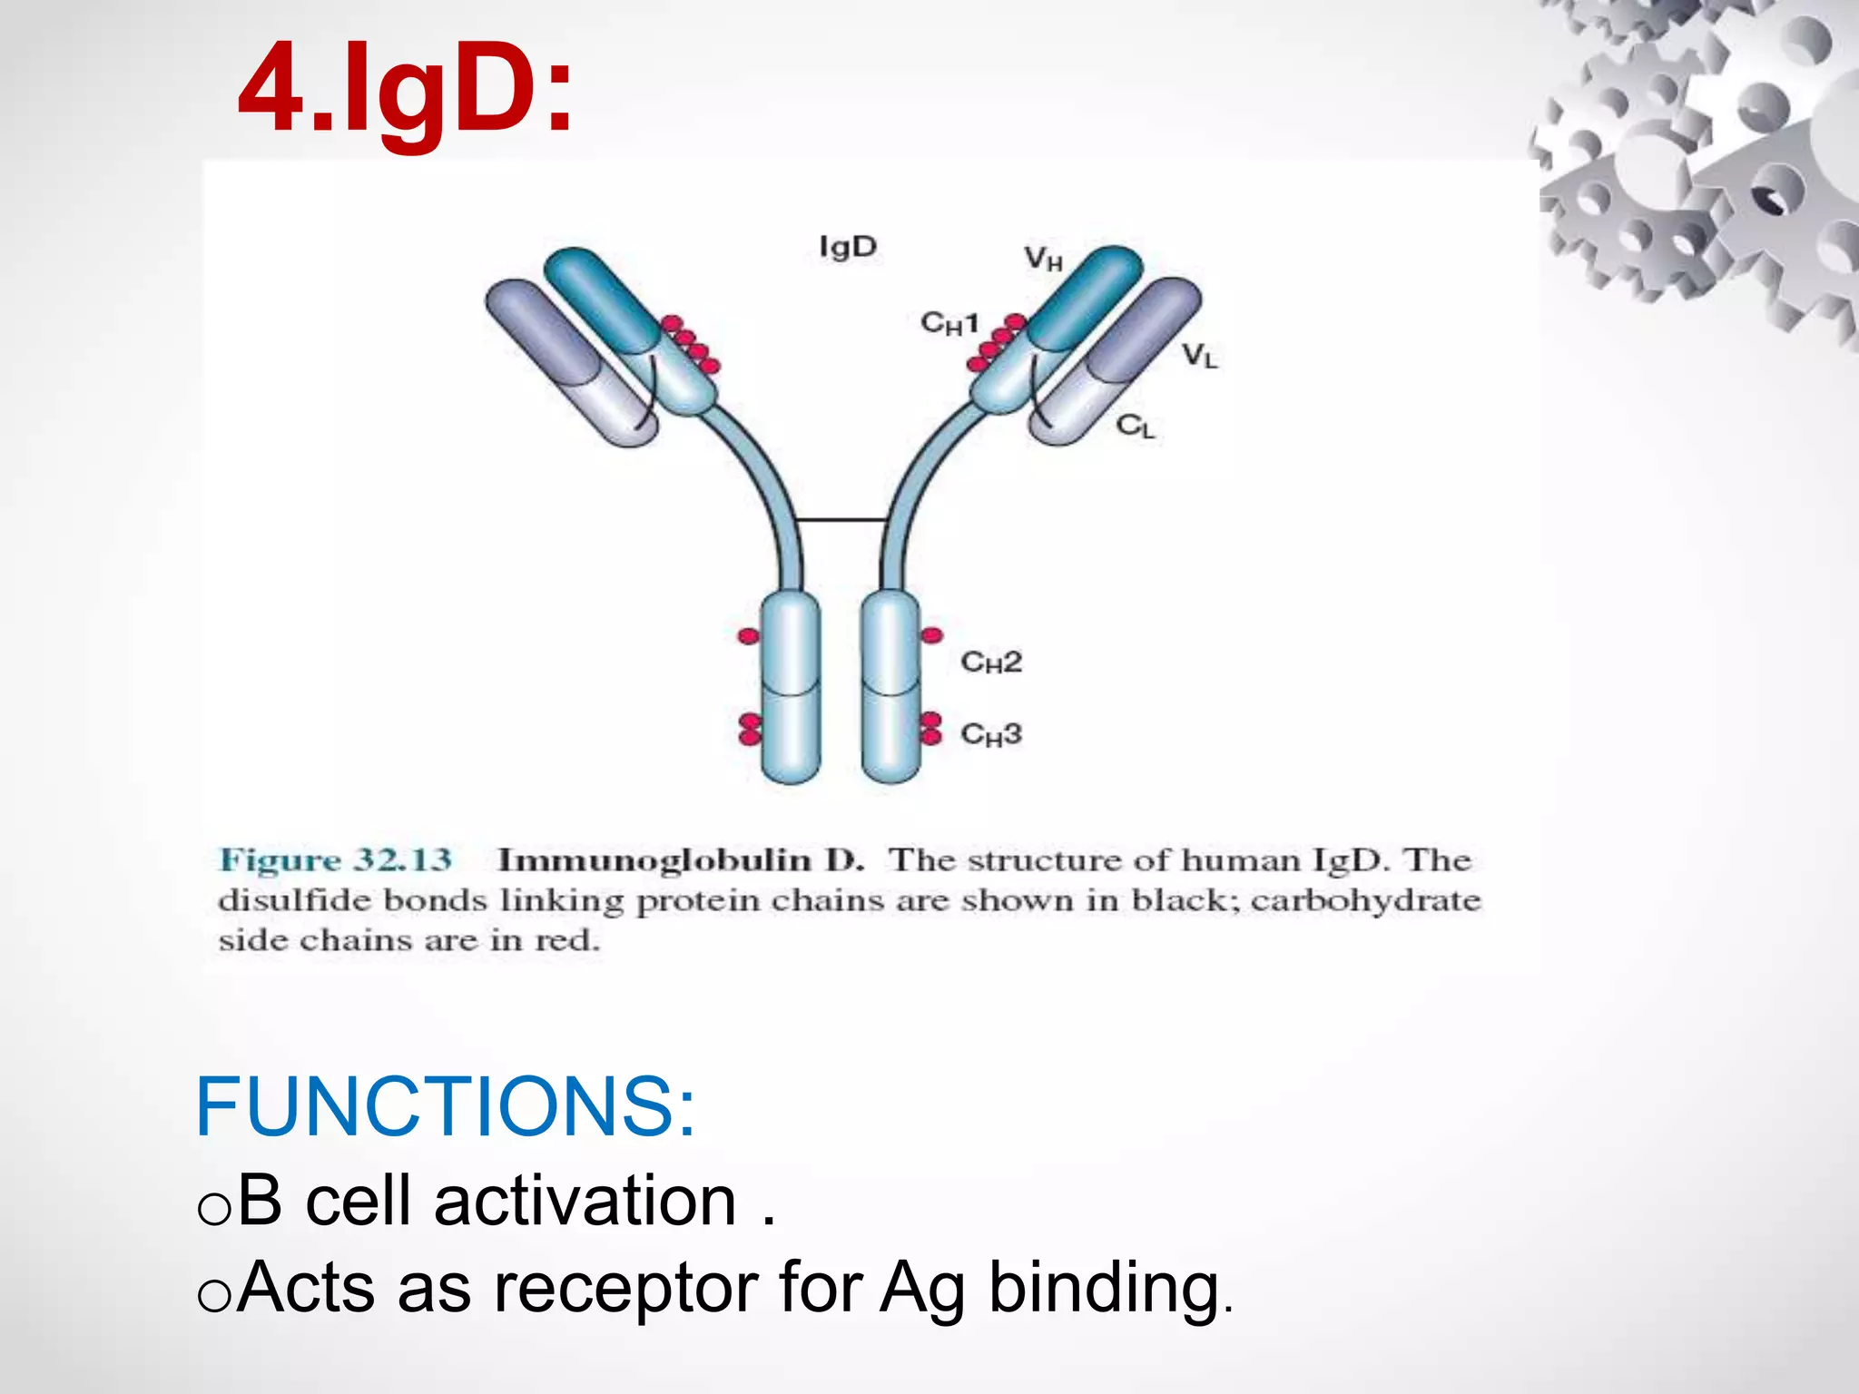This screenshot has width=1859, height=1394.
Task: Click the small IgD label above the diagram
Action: click(848, 247)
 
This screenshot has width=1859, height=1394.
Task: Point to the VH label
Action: click(1043, 260)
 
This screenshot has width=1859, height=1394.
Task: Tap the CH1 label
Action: click(949, 323)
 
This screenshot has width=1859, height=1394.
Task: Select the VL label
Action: click(1199, 356)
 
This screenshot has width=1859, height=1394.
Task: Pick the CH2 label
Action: click(991, 663)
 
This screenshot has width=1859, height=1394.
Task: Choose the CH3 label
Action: click(991, 733)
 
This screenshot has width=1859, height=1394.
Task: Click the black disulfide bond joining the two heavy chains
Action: click(841, 520)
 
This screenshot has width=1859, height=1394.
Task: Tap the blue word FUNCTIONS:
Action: click(445, 1107)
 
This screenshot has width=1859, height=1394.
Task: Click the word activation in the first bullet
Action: click(585, 1202)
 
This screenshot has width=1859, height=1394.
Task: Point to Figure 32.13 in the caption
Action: click(336, 859)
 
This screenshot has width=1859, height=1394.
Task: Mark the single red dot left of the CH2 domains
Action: click(748, 636)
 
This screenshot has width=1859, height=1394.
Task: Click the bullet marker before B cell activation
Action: click(214, 1210)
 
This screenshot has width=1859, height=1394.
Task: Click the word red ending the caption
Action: click(566, 940)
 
